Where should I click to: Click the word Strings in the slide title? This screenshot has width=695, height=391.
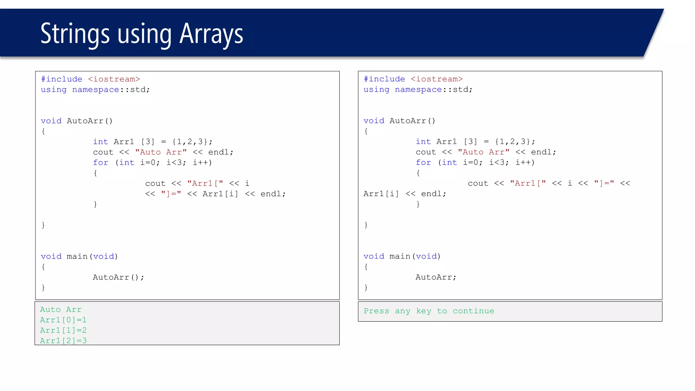(x=75, y=34)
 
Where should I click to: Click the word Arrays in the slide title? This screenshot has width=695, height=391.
(x=211, y=34)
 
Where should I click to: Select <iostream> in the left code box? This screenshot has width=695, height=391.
(x=114, y=79)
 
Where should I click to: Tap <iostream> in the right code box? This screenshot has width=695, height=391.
(x=437, y=79)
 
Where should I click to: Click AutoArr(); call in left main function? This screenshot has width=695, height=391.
(x=118, y=277)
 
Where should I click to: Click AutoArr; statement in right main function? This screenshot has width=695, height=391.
(x=436, y=277)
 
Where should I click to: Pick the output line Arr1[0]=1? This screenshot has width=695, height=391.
(x=63, y=320)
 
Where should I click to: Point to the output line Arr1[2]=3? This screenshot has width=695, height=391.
(x=63, y=340)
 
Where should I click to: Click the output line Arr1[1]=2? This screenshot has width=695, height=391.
(x=63, y=330)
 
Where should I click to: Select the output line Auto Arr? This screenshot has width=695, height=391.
(x=61, y=310)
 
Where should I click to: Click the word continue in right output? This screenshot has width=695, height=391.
(x=473, y=311)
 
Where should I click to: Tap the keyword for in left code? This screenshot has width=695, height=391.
(x=101, y=163)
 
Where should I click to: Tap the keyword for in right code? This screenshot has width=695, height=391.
(x=424, y=163)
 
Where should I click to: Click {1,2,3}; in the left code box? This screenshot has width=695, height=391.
(x=192, y=142)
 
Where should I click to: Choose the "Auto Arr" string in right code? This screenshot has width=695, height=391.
(x=484, y=152)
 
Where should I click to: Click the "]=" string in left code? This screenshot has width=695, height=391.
(x=171, y=194)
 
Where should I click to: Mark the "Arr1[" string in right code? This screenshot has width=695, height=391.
(x=528, y=183)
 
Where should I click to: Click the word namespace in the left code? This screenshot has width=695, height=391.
(x=96, y=90)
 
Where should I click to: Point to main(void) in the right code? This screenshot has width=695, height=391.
(x=415, y=256)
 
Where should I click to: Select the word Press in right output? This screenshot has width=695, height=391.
(x=376, y=311)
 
